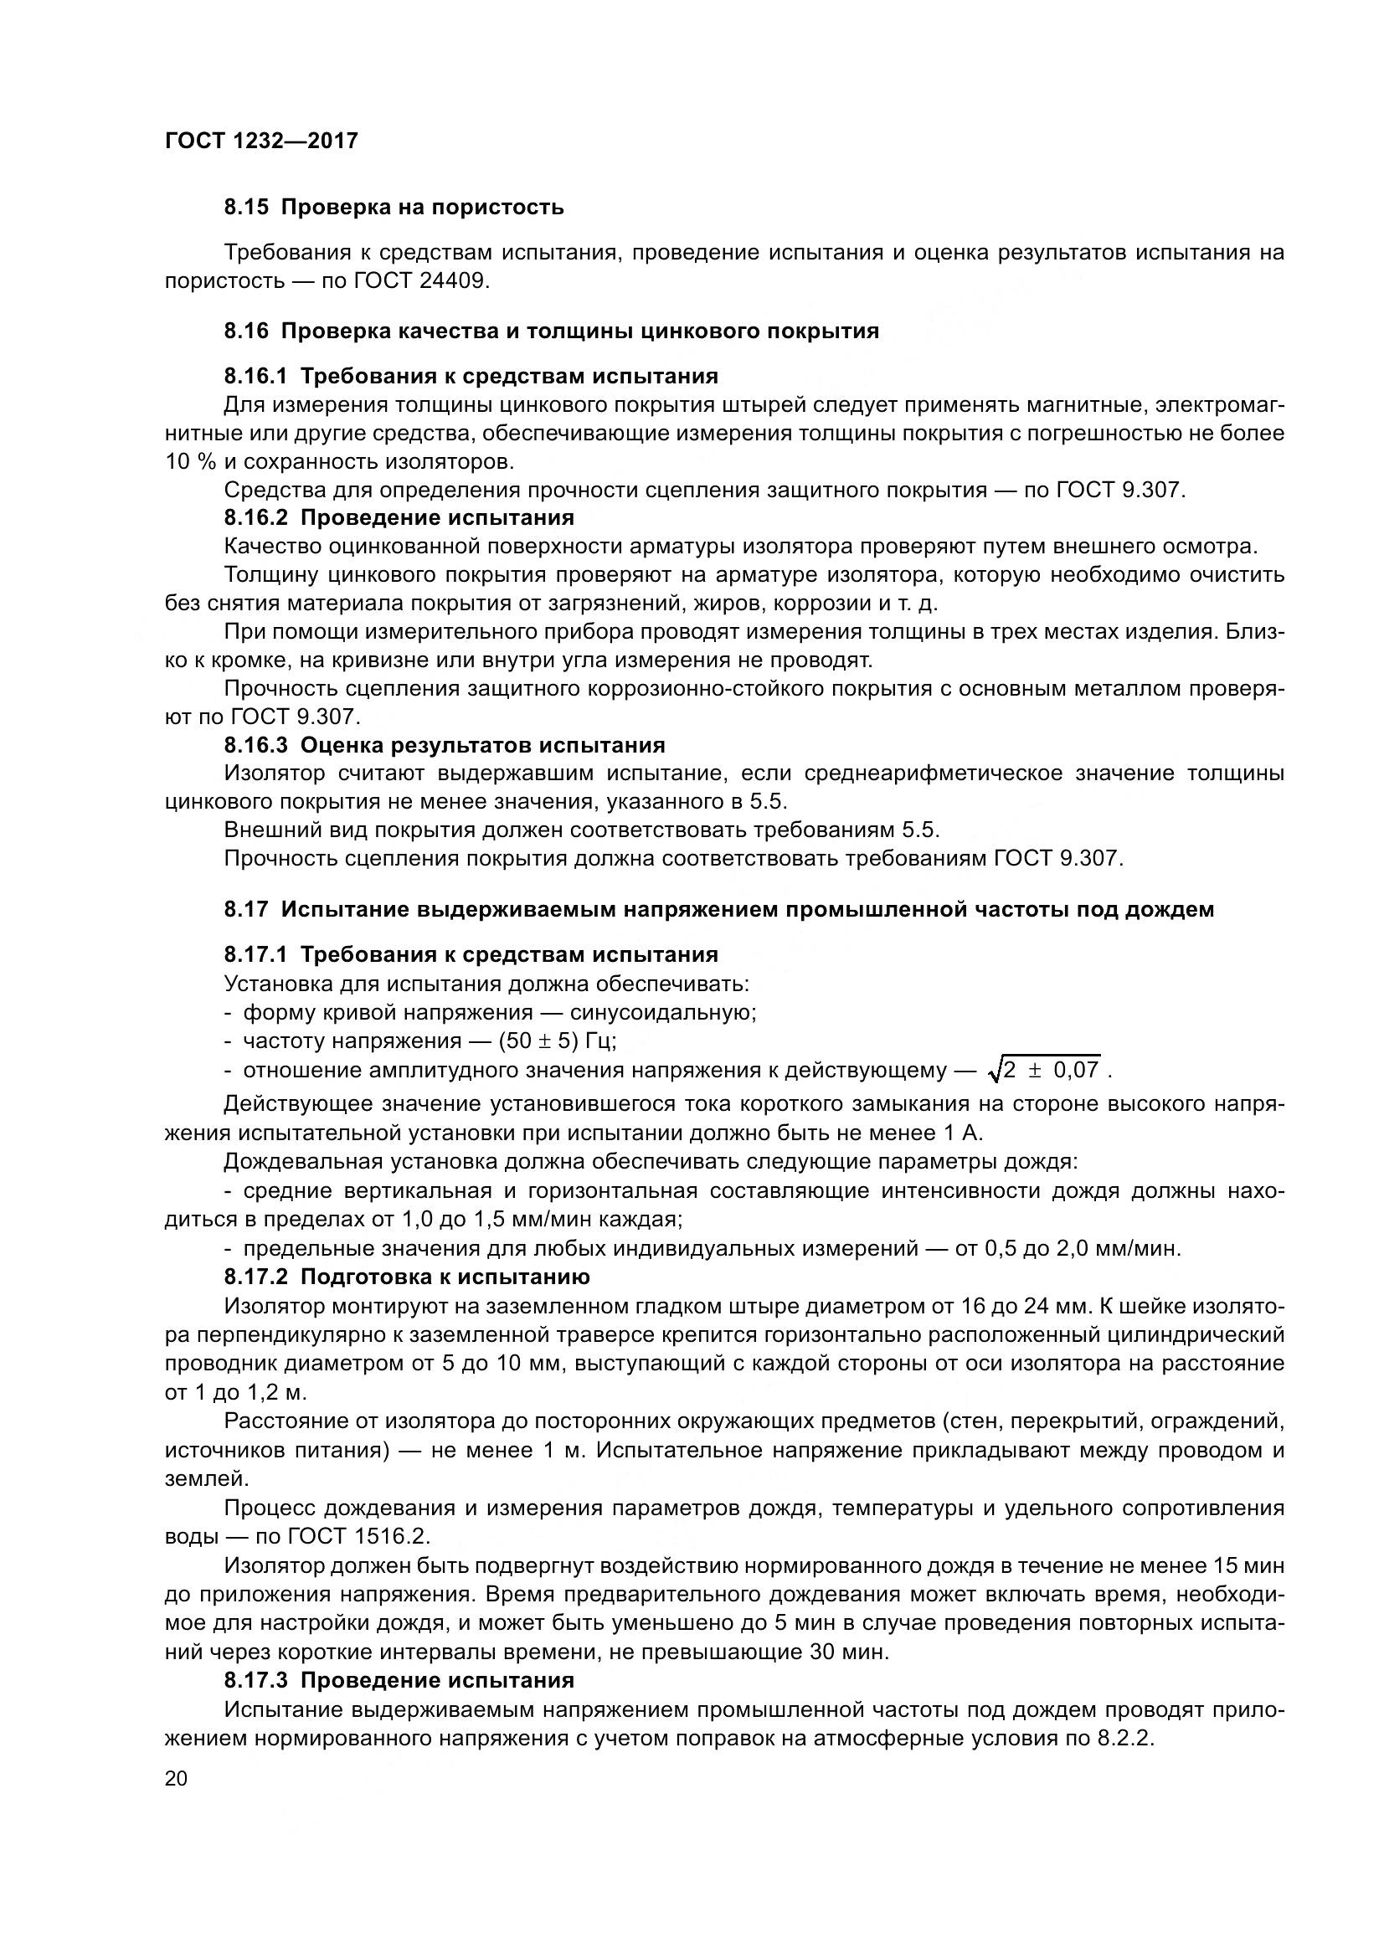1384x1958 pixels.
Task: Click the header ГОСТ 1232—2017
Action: [x=261, y=141]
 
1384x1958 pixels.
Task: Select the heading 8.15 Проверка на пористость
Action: [x=394, y=208]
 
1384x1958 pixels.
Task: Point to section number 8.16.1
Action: [x=257, y=376]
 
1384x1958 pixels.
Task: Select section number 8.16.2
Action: [x=257, y=517]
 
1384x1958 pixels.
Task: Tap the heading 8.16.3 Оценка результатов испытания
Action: [x=445, y=745]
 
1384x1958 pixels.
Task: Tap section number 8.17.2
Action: [x=257, y=1277]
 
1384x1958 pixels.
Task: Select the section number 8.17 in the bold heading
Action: [x=246, y=910]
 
